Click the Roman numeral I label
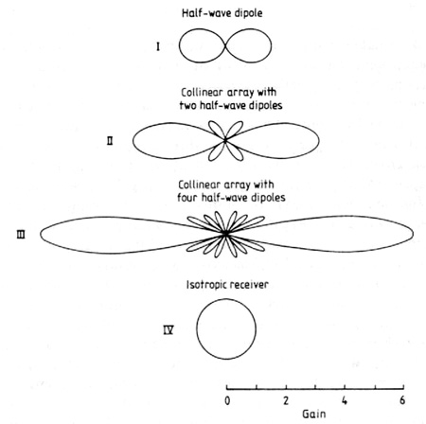158,47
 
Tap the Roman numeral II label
110,141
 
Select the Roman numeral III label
21,235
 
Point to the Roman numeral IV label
169,330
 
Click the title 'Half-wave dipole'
222,13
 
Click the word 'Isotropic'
205,285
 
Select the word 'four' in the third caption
186,198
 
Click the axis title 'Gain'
313,414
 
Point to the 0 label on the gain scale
227,400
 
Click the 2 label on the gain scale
286,400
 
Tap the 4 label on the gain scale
345,400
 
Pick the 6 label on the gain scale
402,400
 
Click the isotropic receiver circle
197,329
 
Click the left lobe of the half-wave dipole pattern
179,45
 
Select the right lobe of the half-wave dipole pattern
271,45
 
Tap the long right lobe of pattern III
413,234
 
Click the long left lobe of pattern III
41,235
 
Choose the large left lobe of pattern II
133,141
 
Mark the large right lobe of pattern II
319,141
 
